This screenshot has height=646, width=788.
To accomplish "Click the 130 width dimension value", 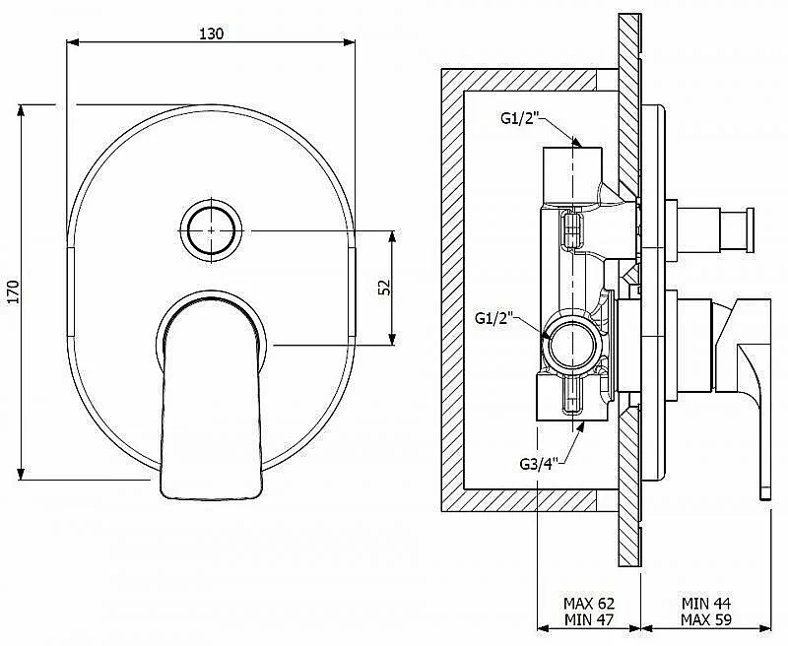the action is [x=212, y=33].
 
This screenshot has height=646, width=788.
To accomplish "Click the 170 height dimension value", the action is [x=13, y=291].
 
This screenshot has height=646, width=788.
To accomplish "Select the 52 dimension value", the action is [x=384, y=288].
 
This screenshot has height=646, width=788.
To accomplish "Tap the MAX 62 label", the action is [x=589, y=604].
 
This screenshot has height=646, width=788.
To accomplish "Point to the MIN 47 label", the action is [x=589, y=619].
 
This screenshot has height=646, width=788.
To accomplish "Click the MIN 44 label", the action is [x=706, y=604].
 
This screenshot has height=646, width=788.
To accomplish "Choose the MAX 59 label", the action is [x=706, y=619].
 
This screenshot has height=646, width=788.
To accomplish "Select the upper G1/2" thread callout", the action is [x=520, y=118].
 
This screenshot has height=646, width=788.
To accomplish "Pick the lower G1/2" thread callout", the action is [x=494, y=318].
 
